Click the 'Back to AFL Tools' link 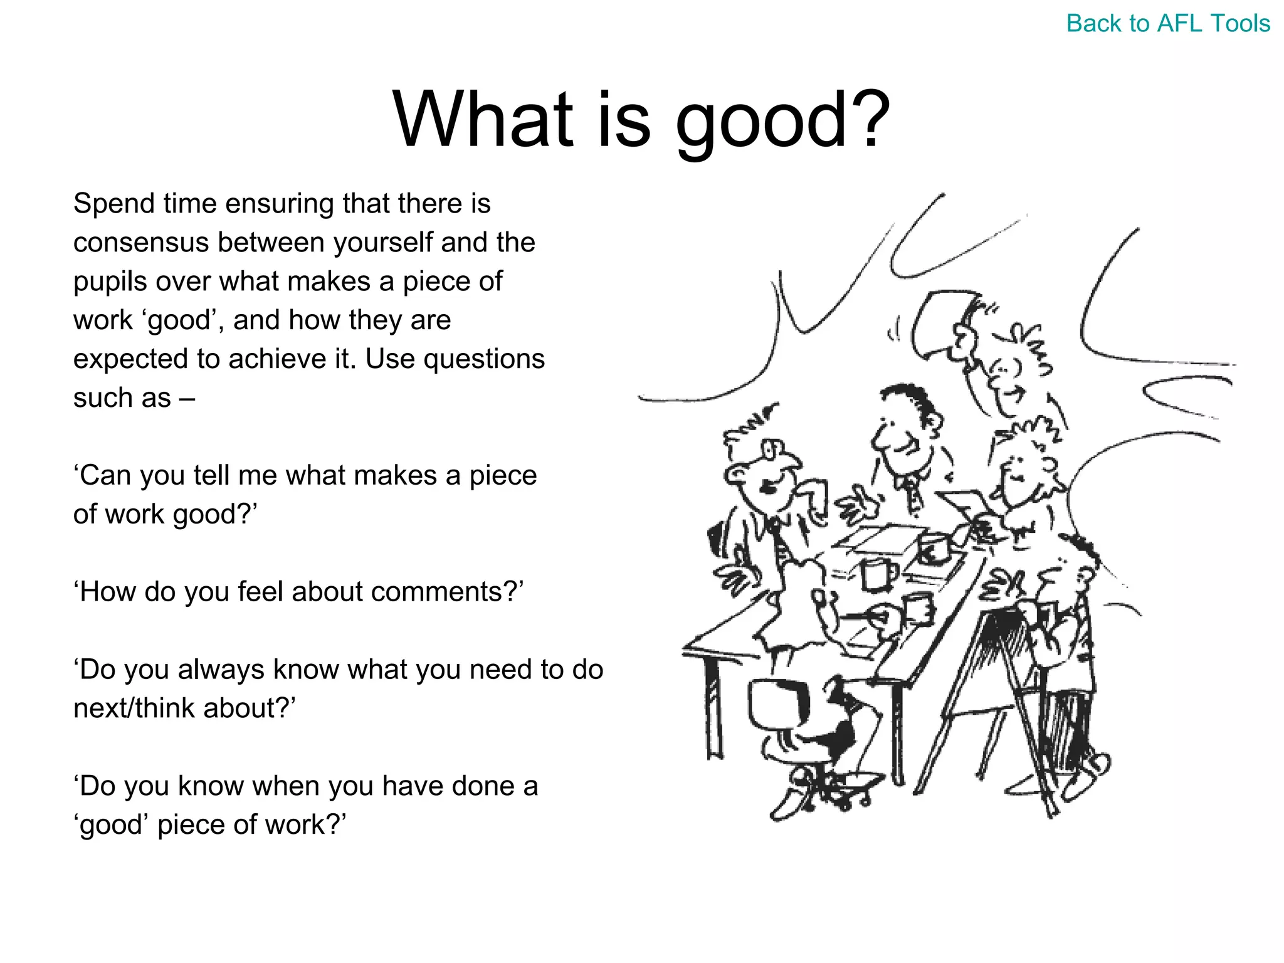1167,24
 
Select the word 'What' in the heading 482,119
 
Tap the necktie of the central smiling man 913,495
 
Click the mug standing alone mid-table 875,574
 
